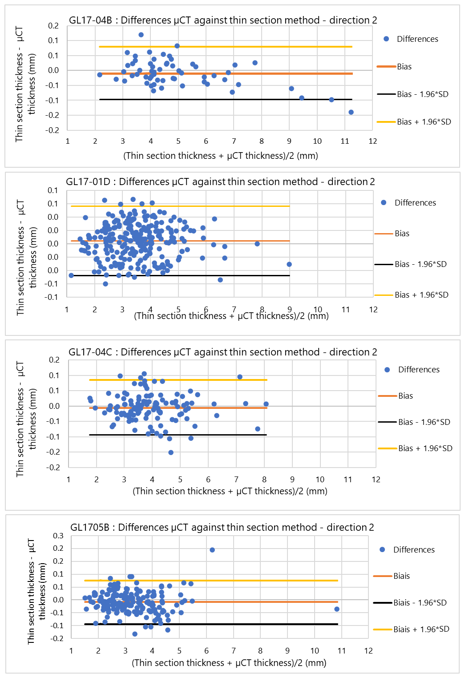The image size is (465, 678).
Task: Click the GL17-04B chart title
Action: [223, 20]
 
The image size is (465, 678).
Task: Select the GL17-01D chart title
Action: [220, 182]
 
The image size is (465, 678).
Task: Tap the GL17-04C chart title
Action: [222, 352]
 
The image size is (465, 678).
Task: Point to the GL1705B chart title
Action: [222, 528]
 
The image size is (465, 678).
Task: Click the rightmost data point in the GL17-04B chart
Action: [351, 112]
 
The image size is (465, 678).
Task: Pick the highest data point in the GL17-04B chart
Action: [141, 35]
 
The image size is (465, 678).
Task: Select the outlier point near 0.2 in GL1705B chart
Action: [212, 550]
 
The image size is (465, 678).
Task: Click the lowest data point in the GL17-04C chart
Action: [171, 452]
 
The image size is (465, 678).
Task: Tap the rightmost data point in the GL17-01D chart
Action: [289, 264]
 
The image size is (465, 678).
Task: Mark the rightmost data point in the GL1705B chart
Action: [337, 609]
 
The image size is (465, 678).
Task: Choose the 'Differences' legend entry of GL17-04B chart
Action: [417, 39]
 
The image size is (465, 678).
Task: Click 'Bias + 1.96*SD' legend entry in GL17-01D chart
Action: [421, 295]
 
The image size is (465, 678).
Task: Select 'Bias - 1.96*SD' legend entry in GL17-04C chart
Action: [424, 422]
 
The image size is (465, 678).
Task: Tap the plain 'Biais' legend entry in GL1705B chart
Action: [401, 576]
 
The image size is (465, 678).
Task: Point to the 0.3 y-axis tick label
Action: [58, 536]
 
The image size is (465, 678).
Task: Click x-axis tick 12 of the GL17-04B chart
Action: [373, 141]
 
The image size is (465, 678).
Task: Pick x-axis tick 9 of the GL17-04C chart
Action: [292, 480]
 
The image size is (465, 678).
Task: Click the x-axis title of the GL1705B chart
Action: [229, 663]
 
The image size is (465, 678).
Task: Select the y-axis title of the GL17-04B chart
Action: [25, 85]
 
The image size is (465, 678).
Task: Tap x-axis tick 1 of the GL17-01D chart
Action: [67, 310]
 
